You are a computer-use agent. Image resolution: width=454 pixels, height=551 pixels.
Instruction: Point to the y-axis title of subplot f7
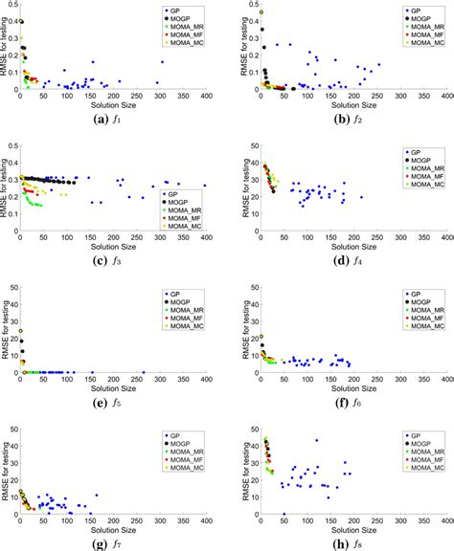tap(6, 467)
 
